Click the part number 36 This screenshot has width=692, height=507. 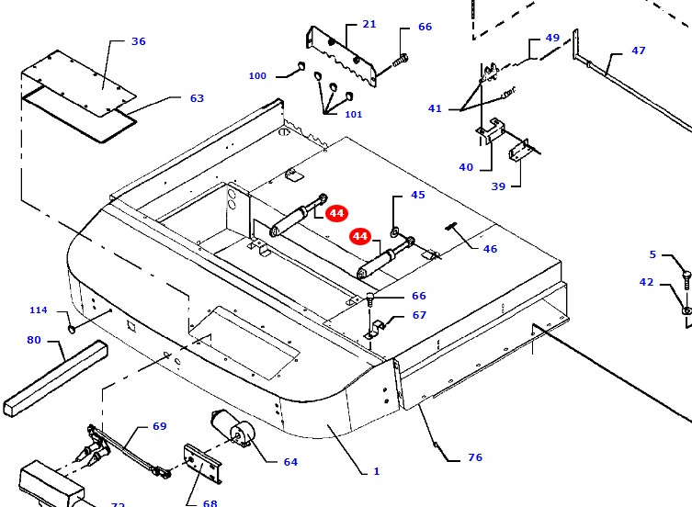point(139,41)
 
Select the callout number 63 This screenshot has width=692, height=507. point(197,98)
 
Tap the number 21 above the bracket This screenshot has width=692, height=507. point(369,24)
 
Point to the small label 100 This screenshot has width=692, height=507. point(257,75)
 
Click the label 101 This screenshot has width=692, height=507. point(353,114)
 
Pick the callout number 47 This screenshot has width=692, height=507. point(638,51)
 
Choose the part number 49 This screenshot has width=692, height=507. point(552,38)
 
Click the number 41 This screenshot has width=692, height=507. point(435,108)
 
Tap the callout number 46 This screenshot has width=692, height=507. point(490,249)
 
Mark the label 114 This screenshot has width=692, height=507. point(38,310)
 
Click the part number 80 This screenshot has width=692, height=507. point(34,340)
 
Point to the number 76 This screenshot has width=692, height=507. point(474,457)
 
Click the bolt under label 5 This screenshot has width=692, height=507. point(686,276)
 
